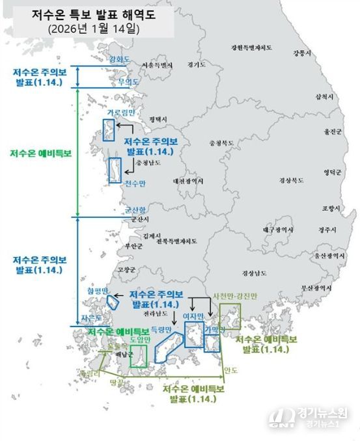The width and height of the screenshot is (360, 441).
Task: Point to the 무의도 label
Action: [128, 82]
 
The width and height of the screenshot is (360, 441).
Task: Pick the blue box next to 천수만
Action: [115, 169]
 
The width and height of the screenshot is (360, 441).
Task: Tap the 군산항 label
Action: [136, 210]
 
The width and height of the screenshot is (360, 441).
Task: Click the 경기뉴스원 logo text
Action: [323, 412]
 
